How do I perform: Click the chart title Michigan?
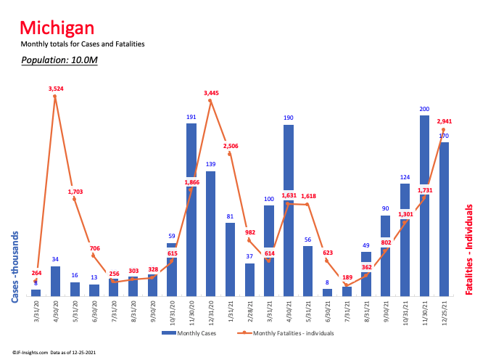pos(57,28)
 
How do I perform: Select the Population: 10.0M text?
pos(59,60)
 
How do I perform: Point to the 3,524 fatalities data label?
pos(57,89)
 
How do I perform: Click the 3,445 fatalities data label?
pos(211,93)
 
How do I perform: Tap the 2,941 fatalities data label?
pos(445,121)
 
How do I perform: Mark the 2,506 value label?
pos(231,146)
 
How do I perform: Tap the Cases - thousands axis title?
pos(15,266)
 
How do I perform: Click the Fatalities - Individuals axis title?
pos(470,249)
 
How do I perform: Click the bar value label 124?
pos(405,177)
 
